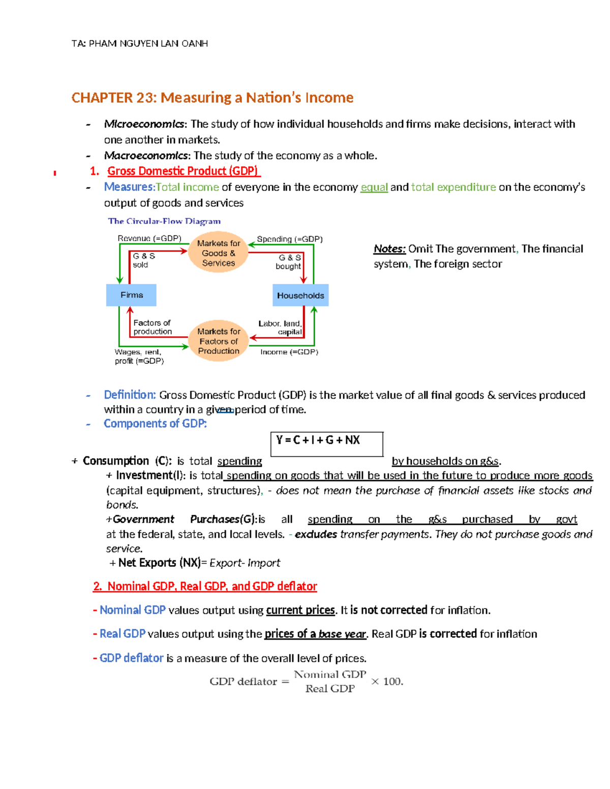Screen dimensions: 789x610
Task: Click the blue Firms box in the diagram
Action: coord(131,295)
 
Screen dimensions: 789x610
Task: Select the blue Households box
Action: coord(300,295)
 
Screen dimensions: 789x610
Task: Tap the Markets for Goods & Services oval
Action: coord(219,253)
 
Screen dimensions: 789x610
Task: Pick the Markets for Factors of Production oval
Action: coord(219,341)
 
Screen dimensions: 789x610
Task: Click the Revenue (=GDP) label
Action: coord(149,238)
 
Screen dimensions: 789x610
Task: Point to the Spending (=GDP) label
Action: coord(290,239)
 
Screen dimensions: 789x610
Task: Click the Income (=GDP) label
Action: coord(289,352)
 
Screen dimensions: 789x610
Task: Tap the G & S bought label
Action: coord(289,262)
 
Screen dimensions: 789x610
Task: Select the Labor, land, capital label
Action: coord(280,328)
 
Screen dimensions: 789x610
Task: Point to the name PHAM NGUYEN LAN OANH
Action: coord(148,44)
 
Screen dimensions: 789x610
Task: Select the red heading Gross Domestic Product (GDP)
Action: coord(183,171)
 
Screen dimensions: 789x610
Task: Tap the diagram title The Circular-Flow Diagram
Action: coord(164,221)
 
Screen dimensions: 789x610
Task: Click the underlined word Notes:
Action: coord(389,249)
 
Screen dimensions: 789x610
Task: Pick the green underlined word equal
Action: coord(374,187)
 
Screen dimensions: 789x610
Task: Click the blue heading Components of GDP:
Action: coord(155,424)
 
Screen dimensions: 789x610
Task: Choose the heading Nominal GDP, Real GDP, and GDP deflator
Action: coord(205,586)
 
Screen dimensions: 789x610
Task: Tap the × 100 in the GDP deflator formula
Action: coord(387,681)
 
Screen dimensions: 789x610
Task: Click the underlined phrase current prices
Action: coord(300,610)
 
